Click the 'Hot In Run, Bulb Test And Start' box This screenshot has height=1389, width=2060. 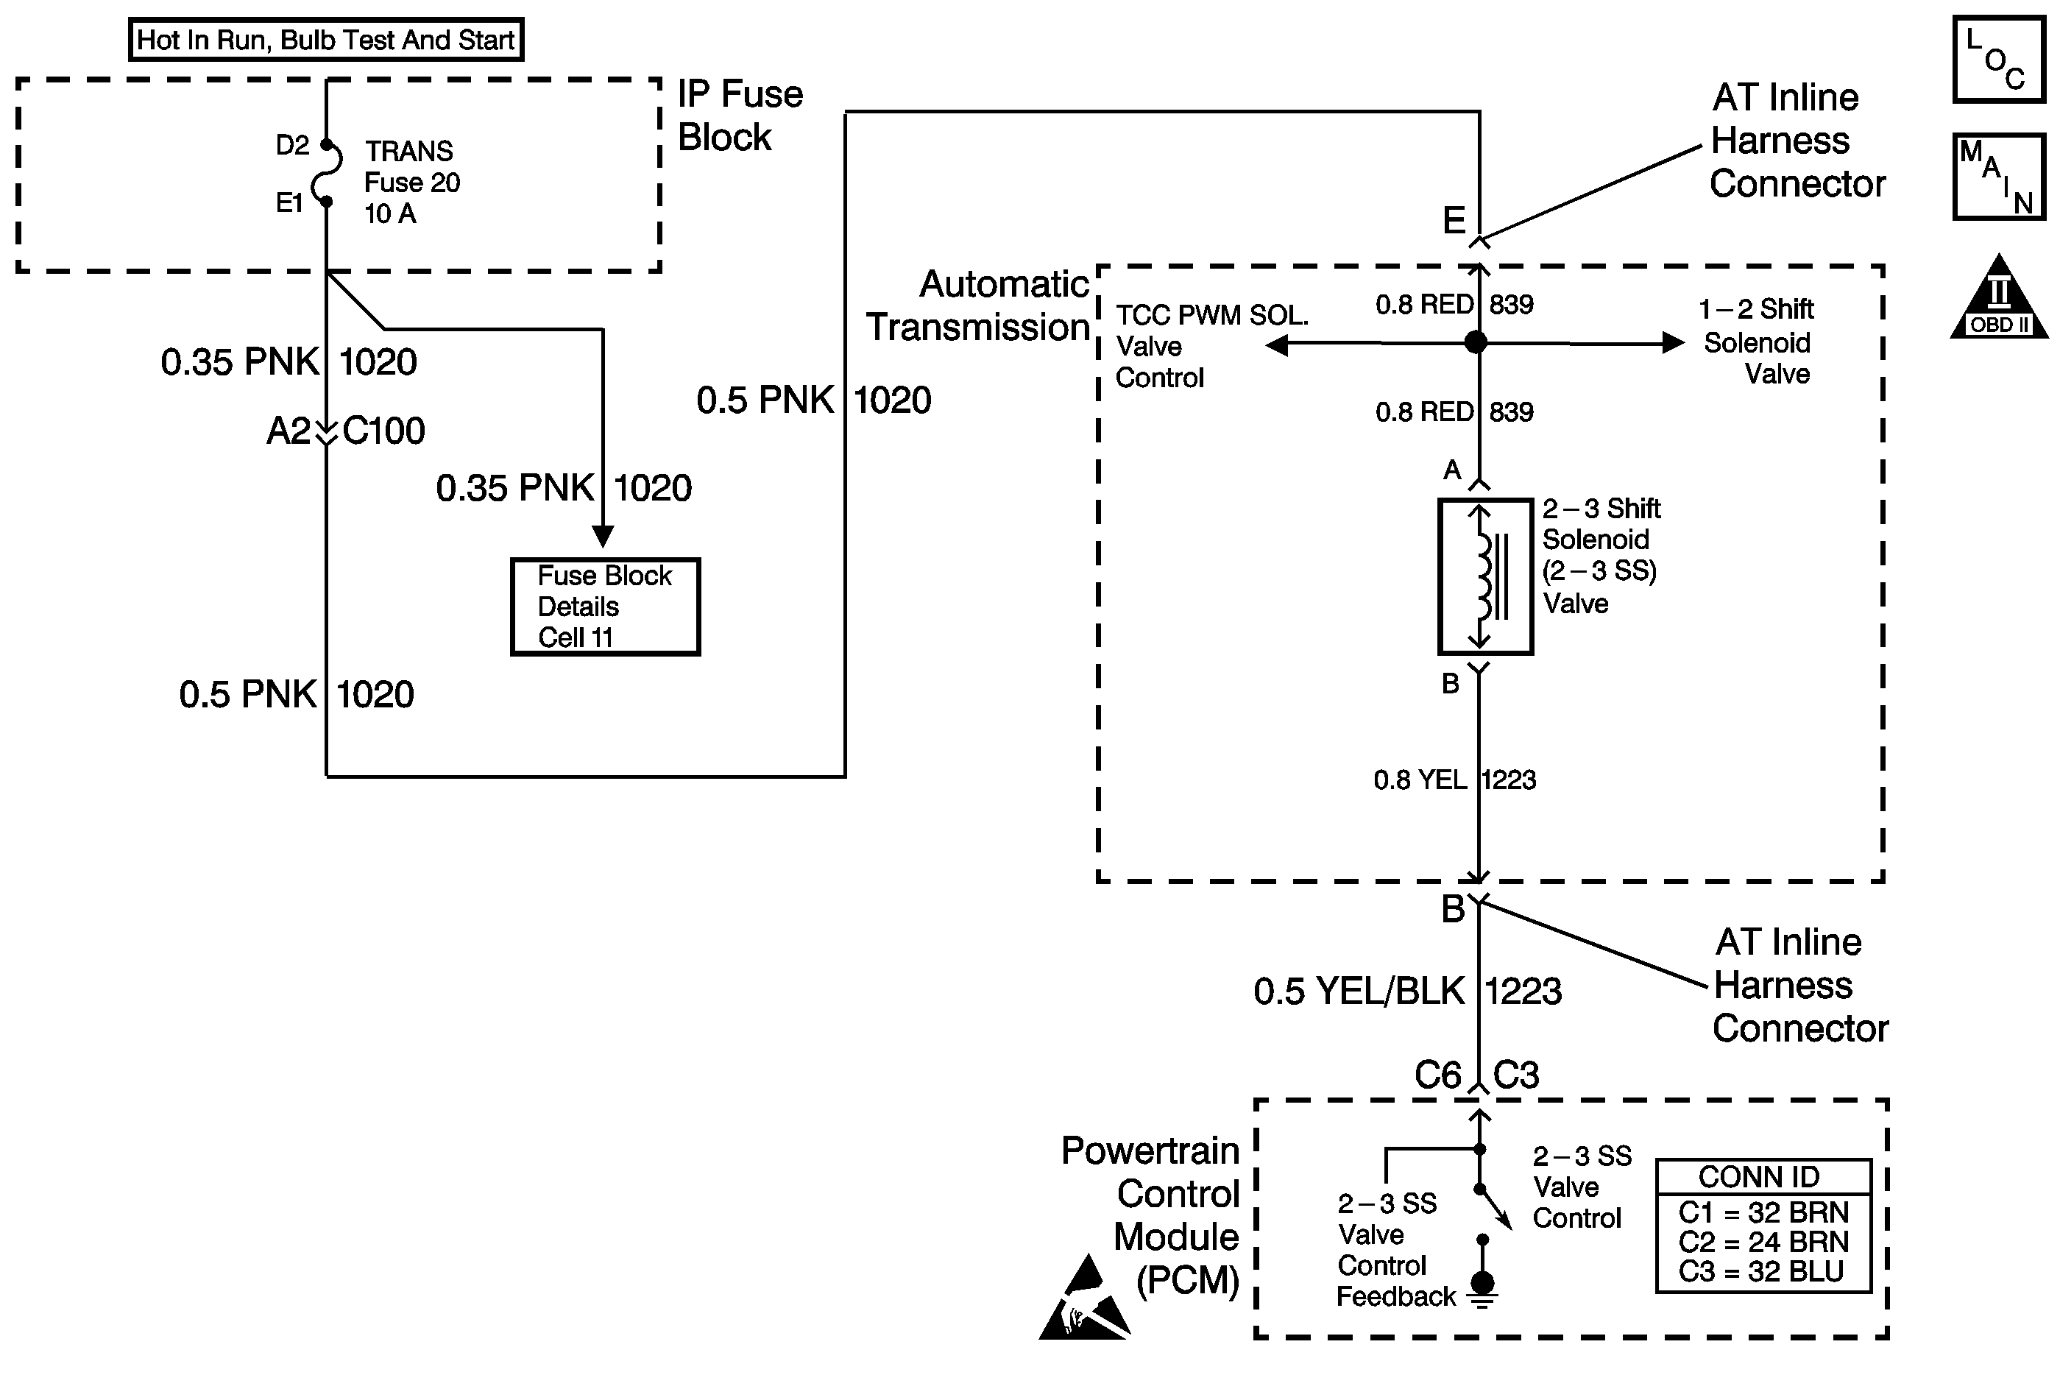pyautogui.click(x=326, y=40)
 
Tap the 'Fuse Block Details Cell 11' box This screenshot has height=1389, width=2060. pyautogui.click(x=605, y=607)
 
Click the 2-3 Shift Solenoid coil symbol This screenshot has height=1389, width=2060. pyautogui.click(x=1484, y=576)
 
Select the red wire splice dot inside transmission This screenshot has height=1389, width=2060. pyautogui.click(x=1476, y=342)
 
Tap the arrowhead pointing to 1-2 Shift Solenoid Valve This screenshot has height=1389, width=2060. pyautogui.click(x=1672, y=343)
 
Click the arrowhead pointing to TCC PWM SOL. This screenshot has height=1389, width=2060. pyautogui.click(x=1277, y=344)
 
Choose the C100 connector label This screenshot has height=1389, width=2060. pyautogui.click(x=383, y=431)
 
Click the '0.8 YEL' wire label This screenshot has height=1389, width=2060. pyautogui.click(x=1420, y=780)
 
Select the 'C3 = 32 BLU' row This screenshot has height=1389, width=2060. pyautogui.click(x=1760, y=1272)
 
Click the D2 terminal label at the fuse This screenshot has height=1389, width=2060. pyautogui.click(x=292, y=145)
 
